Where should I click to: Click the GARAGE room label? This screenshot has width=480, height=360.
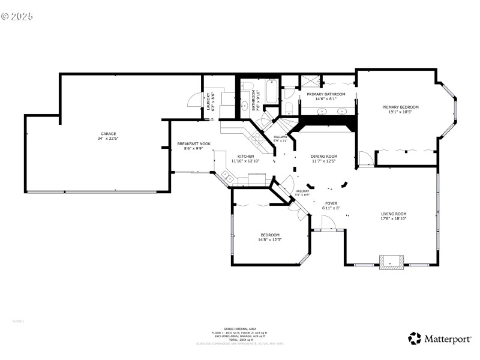coord(108,133)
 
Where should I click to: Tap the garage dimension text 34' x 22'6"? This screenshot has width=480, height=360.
coord(108,139)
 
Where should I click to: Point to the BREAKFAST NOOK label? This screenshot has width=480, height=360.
coord(193,144)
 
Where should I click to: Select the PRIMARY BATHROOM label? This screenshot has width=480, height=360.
coord(326,94)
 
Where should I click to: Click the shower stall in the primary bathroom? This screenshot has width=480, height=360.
coord(310,82)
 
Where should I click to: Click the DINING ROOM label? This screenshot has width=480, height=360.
coord(324,156)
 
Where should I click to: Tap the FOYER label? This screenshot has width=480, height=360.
coord(331,203)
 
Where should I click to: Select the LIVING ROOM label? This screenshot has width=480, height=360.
coord(394,214)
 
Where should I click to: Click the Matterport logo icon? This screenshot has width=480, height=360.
coord(414,338)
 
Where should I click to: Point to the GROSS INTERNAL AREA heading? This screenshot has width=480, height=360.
coord(239,329)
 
